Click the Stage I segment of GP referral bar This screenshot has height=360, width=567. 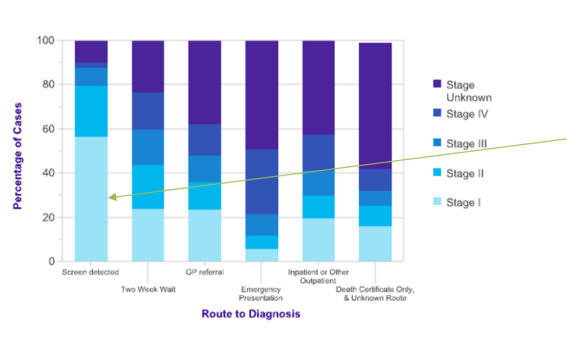(204, 235)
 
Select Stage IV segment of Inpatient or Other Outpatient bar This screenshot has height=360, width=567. (318, 153)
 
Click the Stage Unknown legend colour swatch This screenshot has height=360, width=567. (436, 84)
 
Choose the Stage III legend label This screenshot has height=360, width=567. (466, 143)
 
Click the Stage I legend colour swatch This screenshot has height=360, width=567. (436, 202)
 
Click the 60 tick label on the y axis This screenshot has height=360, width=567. (48, 129)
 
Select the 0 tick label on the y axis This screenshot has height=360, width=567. (51, 262)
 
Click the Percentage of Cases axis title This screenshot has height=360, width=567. (17, 150)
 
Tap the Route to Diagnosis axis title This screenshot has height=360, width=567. (251, 313)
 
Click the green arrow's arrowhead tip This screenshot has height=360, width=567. (109, 198)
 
